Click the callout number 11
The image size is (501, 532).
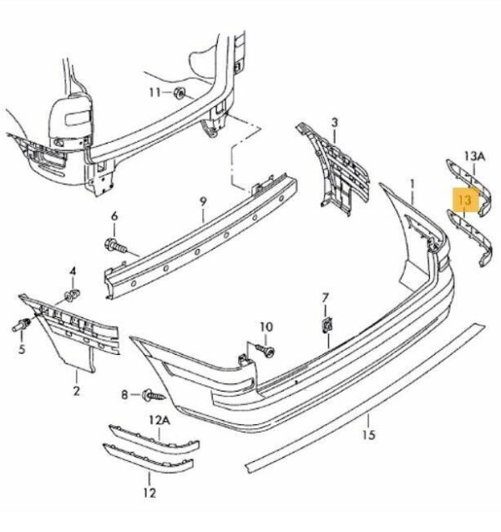click(x=155, y=92)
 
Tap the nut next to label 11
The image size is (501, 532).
click(x=179, y=92)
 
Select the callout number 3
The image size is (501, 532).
click(x=335, y=123)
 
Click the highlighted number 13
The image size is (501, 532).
click(x=465, y=200)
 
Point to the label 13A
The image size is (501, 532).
click(x=475, y=156)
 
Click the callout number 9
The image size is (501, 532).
click(x=203, y=201)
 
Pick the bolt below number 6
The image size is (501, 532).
click(x=116, y=246)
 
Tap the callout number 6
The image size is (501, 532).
click(x=114, y=215)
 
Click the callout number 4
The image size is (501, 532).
click(x=73, y=271)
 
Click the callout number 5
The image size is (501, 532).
click(x=22, y=349)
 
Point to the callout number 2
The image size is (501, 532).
click(x=76, y=391)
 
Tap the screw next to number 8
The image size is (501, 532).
click(x=153, y=395)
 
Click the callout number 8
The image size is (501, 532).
click(x=124, y=395)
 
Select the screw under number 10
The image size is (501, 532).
click(x=266, y=350)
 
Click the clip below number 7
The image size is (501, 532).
click(x=327, y=326)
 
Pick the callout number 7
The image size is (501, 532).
click(x=325, y=298)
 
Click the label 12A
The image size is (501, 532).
click(x=159, y=420)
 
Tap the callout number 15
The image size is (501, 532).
click(x=368, y=434)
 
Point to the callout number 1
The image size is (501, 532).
click(x=412, y=185)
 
